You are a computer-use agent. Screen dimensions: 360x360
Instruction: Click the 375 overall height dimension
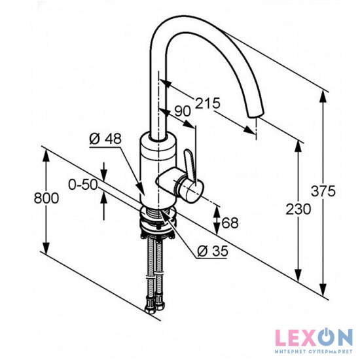click(x=323, y=191)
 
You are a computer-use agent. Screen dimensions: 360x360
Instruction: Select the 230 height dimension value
click(x=298, y=209)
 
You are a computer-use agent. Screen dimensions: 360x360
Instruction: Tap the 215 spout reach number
click(x=207, y=103)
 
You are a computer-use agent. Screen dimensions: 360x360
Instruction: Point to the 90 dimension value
click(x=183, y=111)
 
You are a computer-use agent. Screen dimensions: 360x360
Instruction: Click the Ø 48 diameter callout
click(x=105, y=139)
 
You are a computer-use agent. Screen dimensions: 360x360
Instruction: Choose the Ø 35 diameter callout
click(x=213, y=251)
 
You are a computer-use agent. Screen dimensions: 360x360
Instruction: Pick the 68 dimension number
click(x=230, y=223)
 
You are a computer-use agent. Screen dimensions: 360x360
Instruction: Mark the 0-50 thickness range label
click(x=83, y=185)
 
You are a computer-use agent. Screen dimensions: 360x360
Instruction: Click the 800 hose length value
click(x=46, y=198)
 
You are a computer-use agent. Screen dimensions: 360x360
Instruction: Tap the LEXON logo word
click(x=314, y=337)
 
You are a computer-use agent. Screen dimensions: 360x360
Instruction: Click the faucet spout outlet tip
click(x=255, y=114)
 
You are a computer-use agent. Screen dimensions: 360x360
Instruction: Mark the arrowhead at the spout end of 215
click(x=249, y=130)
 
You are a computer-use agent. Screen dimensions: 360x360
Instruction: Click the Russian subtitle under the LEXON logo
click(x=314, y=351)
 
